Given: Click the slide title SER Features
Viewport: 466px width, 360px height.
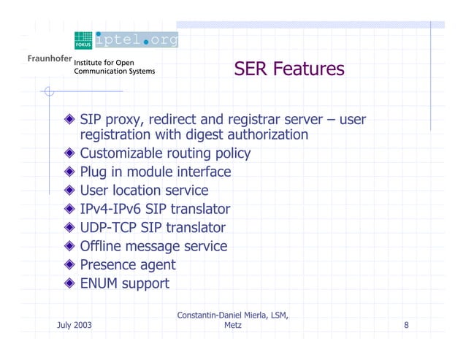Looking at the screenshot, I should click(289, 69).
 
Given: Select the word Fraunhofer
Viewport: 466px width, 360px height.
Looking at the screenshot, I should click(49, 59).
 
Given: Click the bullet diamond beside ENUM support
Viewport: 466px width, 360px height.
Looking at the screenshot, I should click(69, 283).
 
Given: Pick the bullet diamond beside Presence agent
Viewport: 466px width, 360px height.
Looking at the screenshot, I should click(69, 265).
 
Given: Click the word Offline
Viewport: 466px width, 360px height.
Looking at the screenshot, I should click(103, 246).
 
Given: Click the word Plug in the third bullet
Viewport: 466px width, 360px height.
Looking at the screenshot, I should click(95, 172).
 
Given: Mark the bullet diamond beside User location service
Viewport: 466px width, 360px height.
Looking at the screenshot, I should click(69, 191).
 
